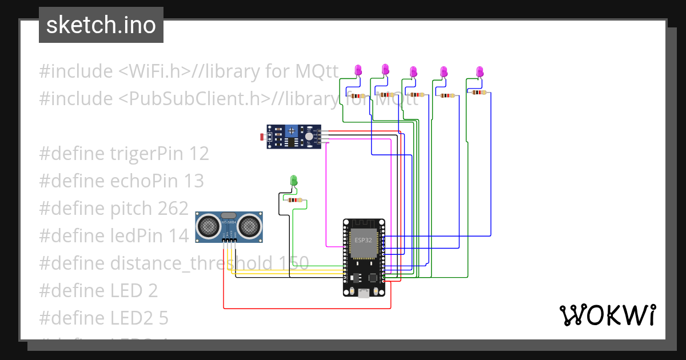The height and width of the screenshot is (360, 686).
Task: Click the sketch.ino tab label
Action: tap(101, 25)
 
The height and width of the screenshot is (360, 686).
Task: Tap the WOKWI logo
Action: tap(607, 315)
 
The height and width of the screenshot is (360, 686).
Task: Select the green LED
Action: tap(294, 181)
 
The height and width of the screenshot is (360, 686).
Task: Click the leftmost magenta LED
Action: tap(358, 70)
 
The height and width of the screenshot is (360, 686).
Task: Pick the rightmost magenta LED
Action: tap(480, 71)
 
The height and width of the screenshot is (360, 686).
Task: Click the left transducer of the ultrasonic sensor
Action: tap(208, 226)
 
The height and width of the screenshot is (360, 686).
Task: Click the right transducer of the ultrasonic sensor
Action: tap(249, 226)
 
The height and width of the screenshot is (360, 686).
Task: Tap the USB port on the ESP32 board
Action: tap(364, 294)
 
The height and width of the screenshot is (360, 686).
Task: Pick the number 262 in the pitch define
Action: tap(172, 209)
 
